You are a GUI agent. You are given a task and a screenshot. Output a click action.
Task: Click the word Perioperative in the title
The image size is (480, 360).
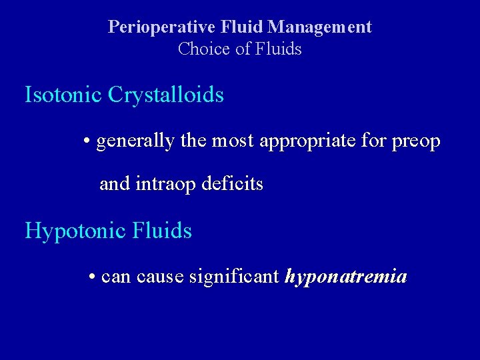coord(152,27)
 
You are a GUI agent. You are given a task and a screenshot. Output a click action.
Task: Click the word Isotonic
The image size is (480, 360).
coord(63,95)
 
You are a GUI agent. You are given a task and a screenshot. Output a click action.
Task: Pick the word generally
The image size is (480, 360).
coord(135,141)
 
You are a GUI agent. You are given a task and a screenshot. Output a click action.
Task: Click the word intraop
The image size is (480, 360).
coord(163,184)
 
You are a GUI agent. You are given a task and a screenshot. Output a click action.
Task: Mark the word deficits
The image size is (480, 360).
coord(233,184)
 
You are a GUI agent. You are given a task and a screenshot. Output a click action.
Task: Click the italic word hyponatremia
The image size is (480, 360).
coord(345,276)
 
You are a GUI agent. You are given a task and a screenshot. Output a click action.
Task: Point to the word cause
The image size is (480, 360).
coord(160,276)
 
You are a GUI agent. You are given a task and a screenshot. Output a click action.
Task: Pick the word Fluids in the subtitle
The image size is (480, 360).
coord(280,49)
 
